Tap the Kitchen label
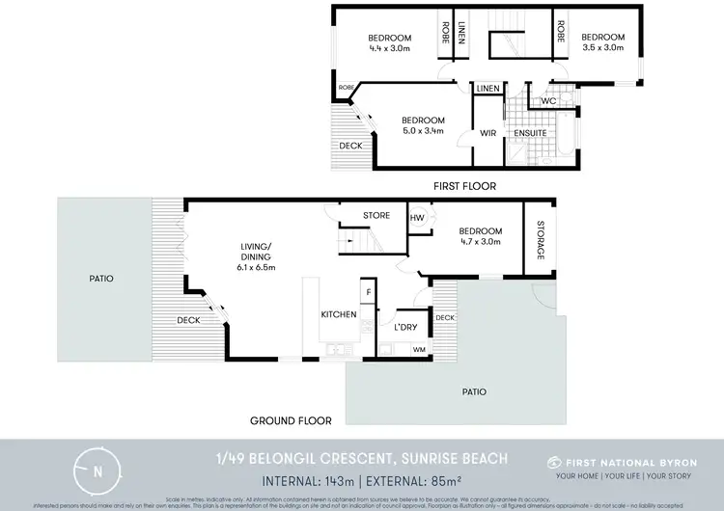(339, 314)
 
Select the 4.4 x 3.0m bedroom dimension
(390, 48)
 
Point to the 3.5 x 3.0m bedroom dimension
(603, 48)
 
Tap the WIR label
(487, 133)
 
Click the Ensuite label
(530, 133)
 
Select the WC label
(547, 100)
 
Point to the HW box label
(418, 218)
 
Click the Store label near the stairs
(376, 215)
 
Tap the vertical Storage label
(540, 239)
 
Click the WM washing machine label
(419, 350)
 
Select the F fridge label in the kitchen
(367, 290)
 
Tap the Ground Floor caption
(292, 420)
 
